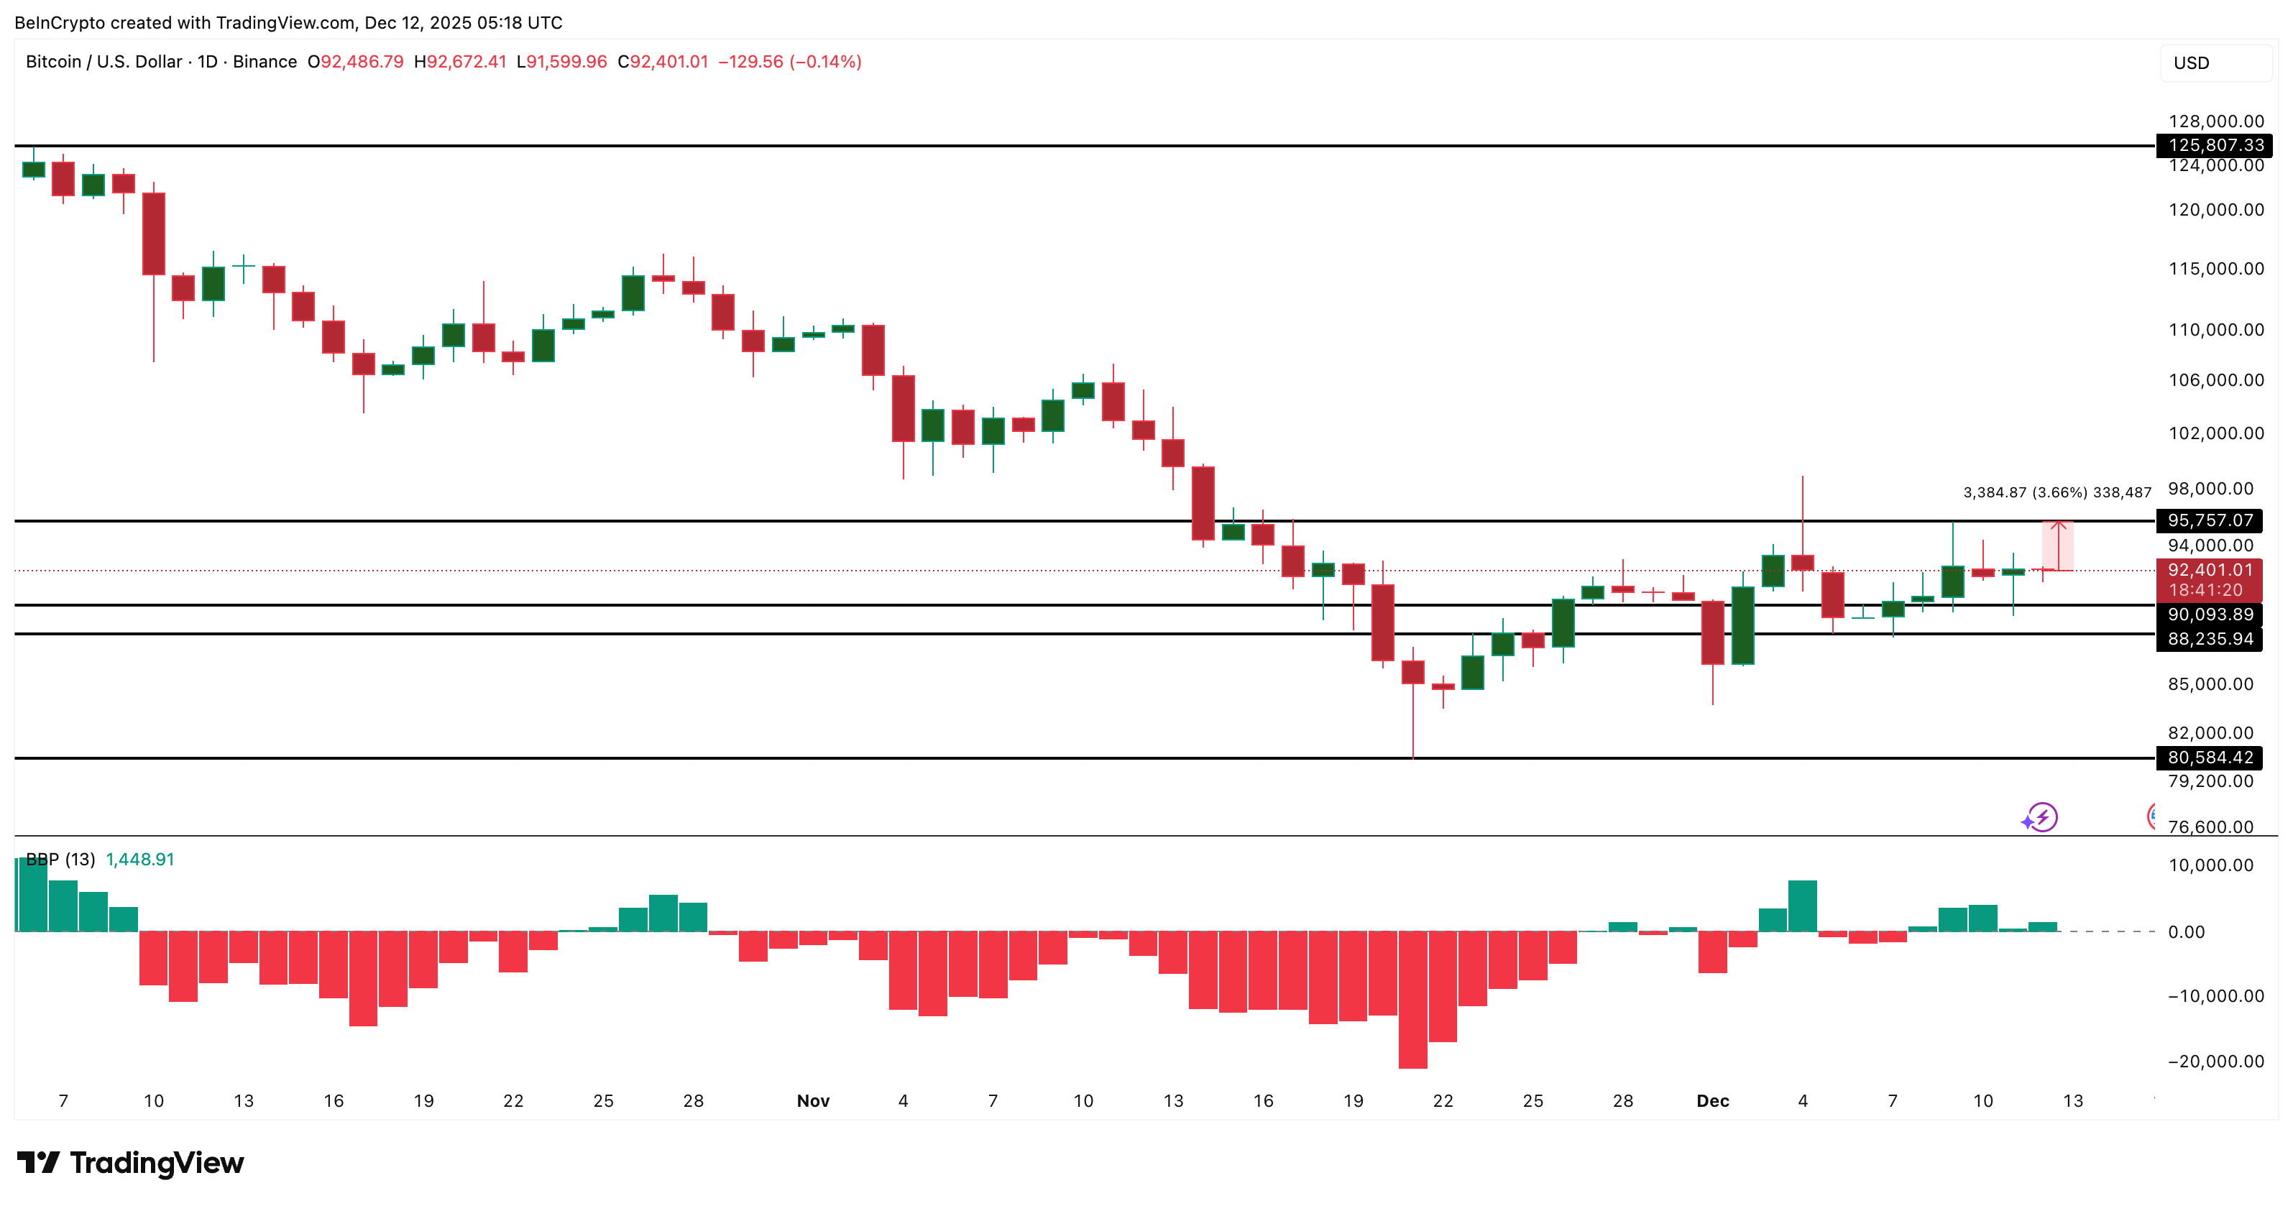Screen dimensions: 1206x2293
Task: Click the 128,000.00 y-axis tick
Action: [2215, 121]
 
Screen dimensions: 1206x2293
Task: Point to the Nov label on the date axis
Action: [813, 1101]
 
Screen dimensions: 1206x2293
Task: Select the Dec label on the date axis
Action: [1711, 1101]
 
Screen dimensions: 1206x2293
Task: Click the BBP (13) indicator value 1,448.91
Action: [139, 860]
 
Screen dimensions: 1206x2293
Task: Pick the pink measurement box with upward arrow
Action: [2057, 546]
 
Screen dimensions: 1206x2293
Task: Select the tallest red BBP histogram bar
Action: [1412, 1000]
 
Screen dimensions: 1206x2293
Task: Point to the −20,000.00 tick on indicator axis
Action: [2215, 1061]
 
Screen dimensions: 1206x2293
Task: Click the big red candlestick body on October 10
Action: [154, 233]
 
